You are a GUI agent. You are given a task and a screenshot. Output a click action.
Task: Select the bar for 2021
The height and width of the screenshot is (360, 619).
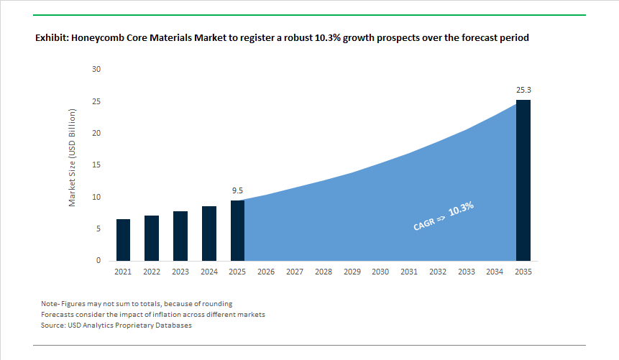coord(123,240)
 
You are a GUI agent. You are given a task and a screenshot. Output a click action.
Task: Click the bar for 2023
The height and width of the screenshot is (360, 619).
coord(180,236)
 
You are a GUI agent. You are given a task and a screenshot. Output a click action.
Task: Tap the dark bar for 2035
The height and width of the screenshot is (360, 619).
coord(523,180)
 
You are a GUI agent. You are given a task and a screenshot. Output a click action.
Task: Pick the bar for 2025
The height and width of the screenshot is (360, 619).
coord(237,231)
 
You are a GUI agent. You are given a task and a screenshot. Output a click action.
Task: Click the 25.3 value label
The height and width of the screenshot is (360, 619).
coord(523,91)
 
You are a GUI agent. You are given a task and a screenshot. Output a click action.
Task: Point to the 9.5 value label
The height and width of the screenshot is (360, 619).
coord(237,191)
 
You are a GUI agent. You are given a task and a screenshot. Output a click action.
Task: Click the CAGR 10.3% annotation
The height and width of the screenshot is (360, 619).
coord(444,216)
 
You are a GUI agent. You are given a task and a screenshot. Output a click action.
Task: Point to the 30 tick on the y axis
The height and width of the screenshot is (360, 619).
coord(96,70)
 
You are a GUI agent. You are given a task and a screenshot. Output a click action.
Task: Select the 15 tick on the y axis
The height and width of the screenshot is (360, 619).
coord(96,165)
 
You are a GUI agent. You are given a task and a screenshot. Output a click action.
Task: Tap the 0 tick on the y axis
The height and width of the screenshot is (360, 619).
coord(98,261)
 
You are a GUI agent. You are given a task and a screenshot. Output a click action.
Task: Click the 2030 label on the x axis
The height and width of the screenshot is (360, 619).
coord(380,272)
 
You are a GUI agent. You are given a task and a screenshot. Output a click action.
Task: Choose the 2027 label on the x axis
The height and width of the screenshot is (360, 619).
coord(295,272)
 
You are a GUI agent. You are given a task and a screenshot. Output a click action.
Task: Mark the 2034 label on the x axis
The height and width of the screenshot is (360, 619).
coord(495,272)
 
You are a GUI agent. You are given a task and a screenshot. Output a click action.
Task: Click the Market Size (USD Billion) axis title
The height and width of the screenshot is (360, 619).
coord(73,158)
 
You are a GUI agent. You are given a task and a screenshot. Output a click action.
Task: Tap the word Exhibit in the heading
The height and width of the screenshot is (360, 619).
coord(52,38)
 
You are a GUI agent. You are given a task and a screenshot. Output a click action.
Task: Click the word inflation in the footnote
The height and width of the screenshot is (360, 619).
coord(164,315)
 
